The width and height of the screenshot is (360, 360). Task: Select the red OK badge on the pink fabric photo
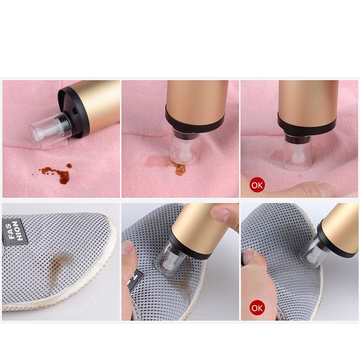pos(257,185)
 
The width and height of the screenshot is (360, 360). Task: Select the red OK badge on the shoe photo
pos(257,308)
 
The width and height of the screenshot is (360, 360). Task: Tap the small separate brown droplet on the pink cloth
pos(70,166)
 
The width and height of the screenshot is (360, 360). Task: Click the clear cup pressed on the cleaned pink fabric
pos(296,154)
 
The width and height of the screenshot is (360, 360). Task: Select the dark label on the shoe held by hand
pos(137,278)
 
